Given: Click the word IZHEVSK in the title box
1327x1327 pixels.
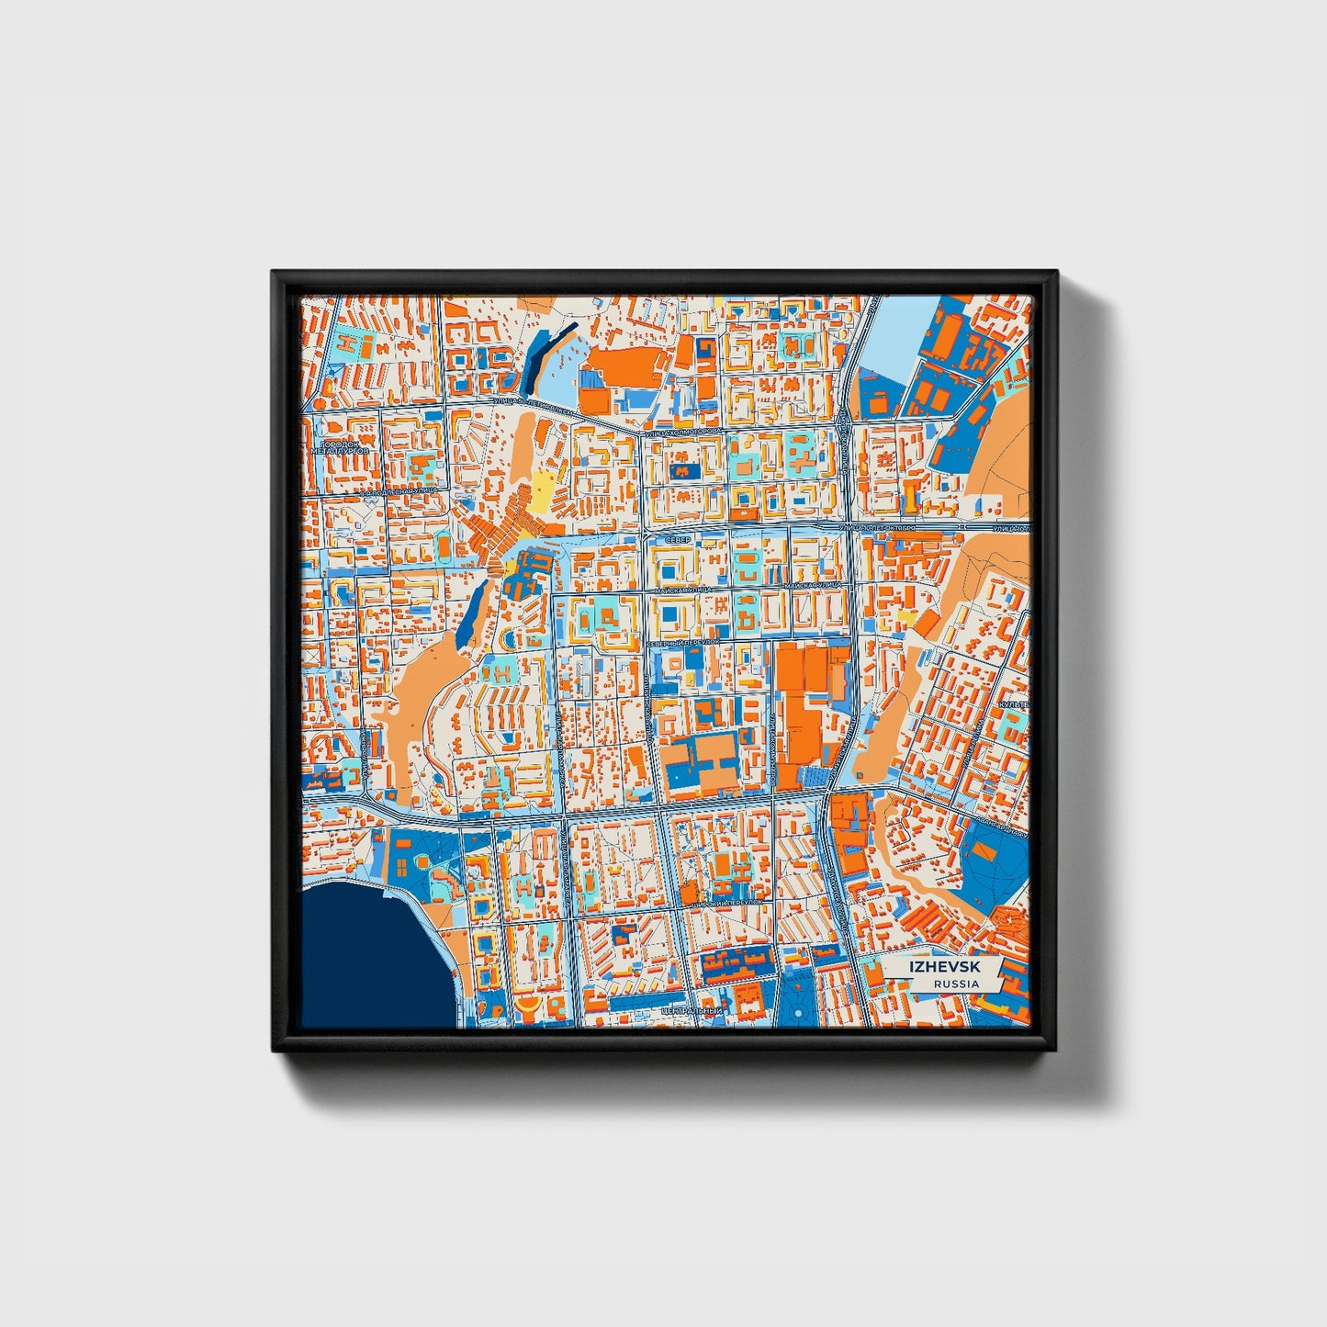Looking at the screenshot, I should pos(943,967).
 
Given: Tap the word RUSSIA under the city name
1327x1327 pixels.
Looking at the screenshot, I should pos(955,984).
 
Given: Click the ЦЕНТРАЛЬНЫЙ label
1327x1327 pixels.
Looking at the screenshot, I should pos(692,1011).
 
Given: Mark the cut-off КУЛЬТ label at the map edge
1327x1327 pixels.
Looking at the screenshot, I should pos(1015,704).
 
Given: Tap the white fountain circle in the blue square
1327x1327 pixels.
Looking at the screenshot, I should pos(798,1012).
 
